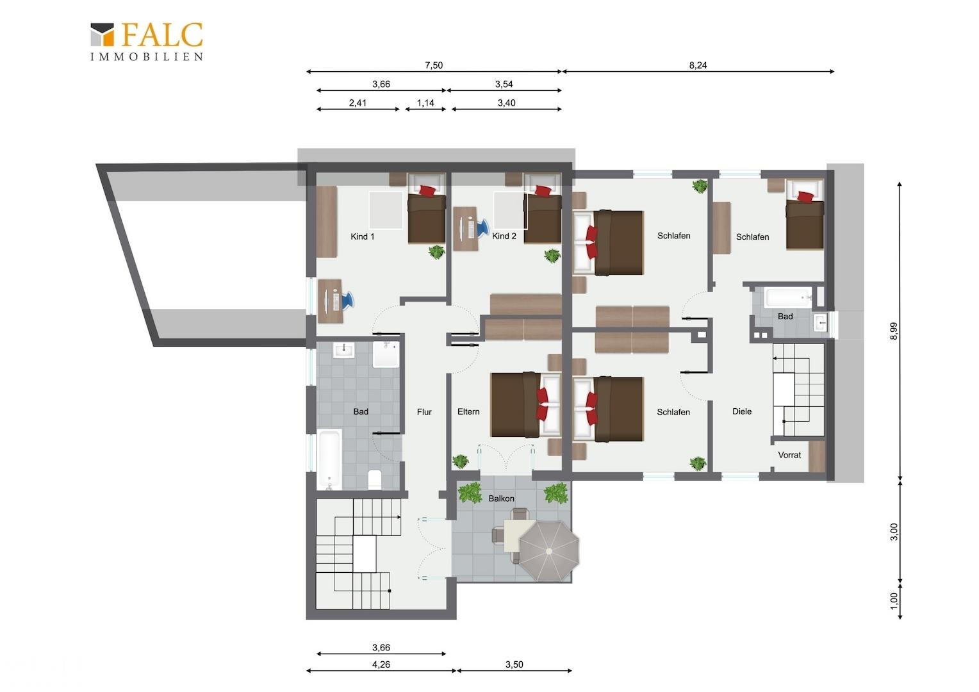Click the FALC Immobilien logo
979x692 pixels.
click(x=147, y=42)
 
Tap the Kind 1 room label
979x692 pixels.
click(x=362, y=236)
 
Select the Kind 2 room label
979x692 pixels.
click(x=504, y=236)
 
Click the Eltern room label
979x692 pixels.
click(x=468, y=411)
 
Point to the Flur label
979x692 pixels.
click(x=424, y=412)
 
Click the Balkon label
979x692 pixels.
click(x=501, y=498)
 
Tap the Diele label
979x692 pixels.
click(x=742, y=411)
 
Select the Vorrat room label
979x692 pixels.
click(x=789, y=455)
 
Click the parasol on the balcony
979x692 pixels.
click(x=548, y=550)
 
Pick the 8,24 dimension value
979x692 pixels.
click(x=698, y=65)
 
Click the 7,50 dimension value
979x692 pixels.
click(x=434, y=65)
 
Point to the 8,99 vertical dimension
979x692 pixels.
click(x=894, y=331)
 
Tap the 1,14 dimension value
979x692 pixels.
click(x=425, y=103)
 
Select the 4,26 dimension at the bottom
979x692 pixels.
click(x=381, y=664)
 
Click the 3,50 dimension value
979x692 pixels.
click(x=514, y=664)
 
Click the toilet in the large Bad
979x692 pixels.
click(x=375, y=479)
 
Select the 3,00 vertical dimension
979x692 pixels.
click(x=894, y=532)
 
